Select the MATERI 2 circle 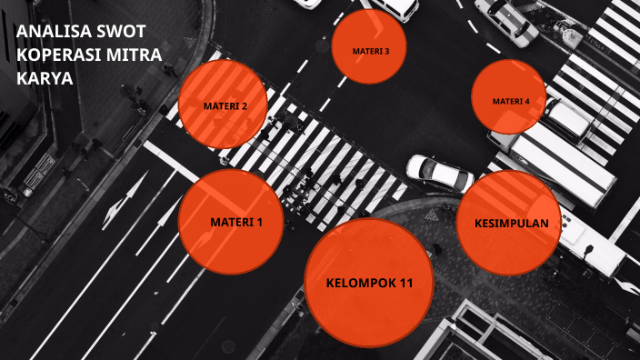224,106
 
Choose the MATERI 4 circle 509,99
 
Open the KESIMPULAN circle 508,223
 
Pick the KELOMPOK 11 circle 368,282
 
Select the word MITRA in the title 133,56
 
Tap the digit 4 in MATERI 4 527,101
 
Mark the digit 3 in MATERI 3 387,51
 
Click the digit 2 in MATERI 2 244,106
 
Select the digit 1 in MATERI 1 259,223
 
